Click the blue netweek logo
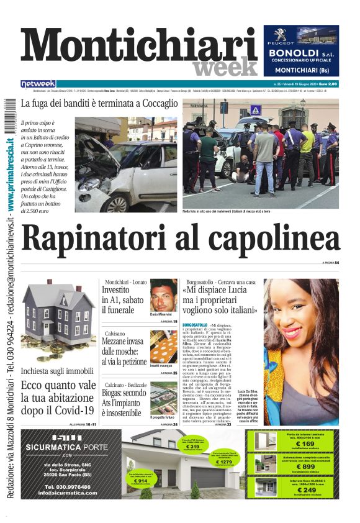(38, 83)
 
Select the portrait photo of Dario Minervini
(163, 295)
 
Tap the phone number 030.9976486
(65, 486)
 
